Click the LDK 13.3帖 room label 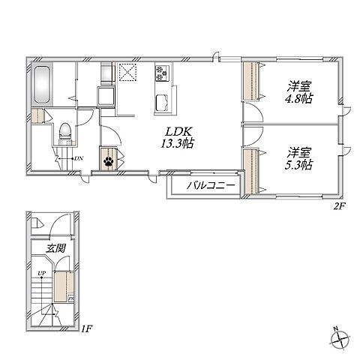[x=177, y=137]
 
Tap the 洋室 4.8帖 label [x=299, y=92]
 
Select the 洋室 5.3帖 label [x=299, y=159]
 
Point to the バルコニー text [x=211, y=185]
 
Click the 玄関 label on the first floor [x=56, y=248]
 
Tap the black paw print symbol [x=108, y=162]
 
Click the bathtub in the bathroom [x=42, y=84]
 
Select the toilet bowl [x=65, y=132]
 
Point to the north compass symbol [x=339, y=338]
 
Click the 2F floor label [x=339, y=206]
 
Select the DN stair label [x=79, y=158]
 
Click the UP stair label [x=41, y=273]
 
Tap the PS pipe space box [x=71, y=298]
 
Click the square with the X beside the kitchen [x=127, y=72]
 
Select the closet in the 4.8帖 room [x=251, y=81]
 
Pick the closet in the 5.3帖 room [x=251, y=171]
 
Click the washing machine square [x=106, y=96]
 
